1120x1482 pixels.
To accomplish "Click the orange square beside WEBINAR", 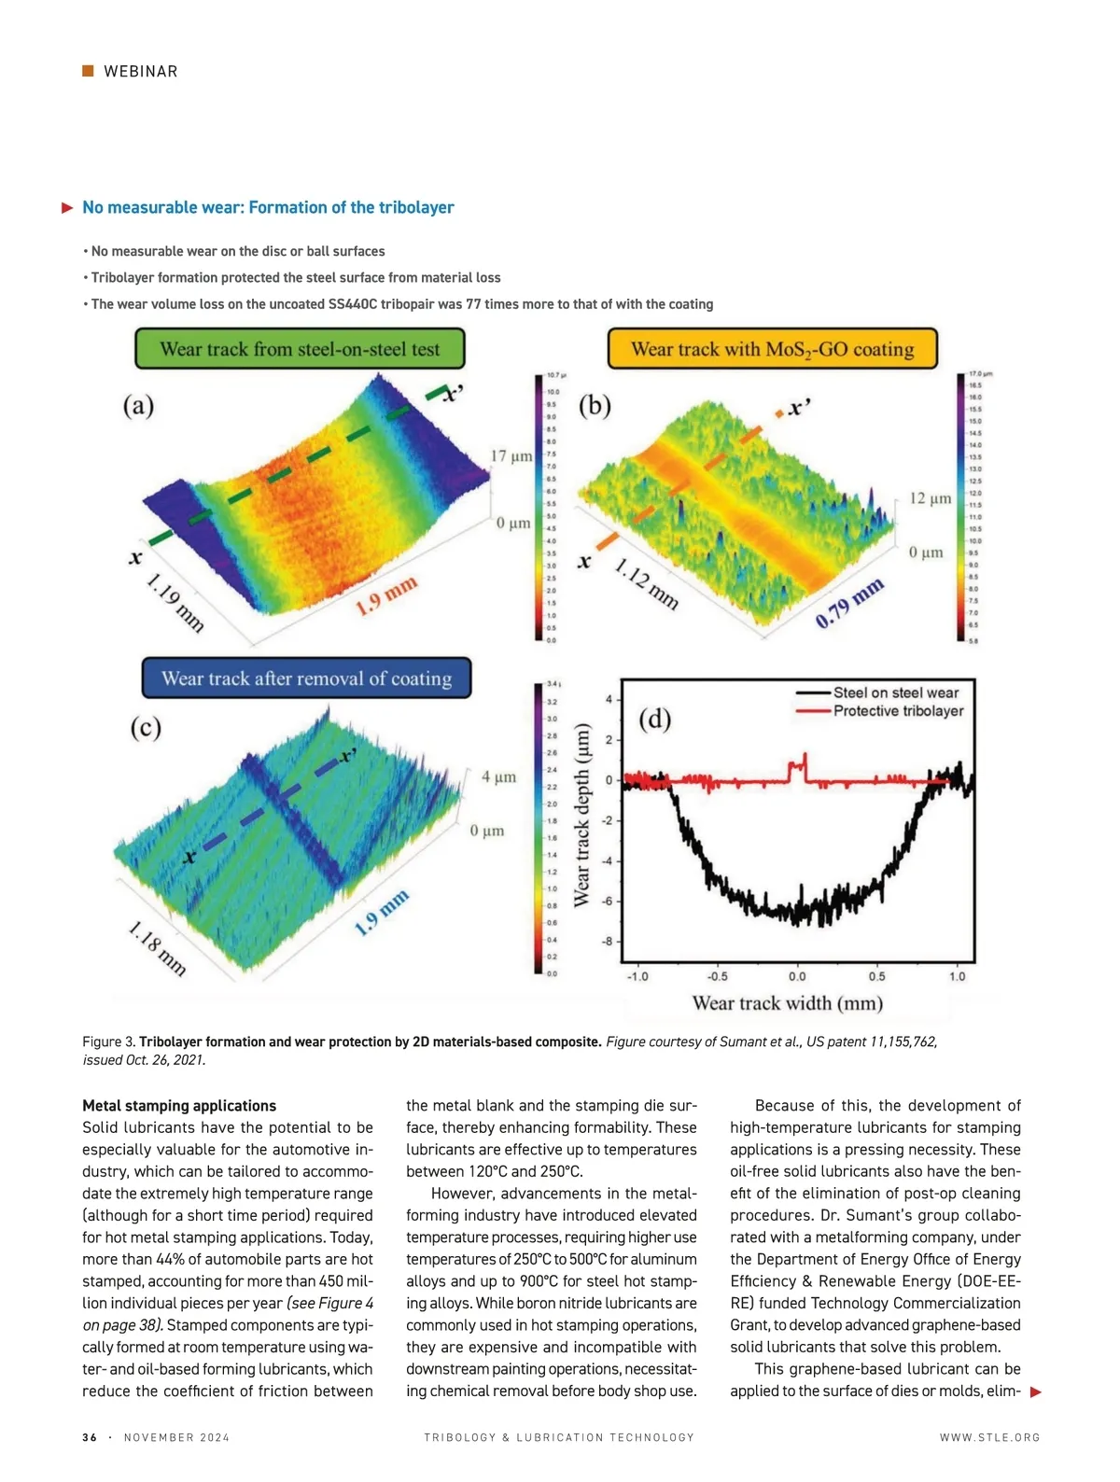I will click(x=88, y=71).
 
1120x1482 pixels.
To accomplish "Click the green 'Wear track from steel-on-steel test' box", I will click(x=300, y=349).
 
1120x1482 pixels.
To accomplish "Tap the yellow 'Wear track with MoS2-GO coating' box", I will click(x=772, y=349).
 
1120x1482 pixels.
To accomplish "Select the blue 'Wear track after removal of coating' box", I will click(x=306, y=678).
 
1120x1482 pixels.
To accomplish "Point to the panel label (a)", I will click(x=139, y=405).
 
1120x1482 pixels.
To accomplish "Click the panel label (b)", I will click(x=595, y=405).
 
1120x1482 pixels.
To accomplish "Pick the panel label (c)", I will click(x=146, y=727).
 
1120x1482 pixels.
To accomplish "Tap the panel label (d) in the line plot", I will click(x=655, y=719).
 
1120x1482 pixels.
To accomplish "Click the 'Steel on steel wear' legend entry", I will click(x=895, y=692).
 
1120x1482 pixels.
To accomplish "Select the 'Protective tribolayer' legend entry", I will click(x=898, y=711).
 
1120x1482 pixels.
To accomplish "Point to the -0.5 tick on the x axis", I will click(x=717, y=976).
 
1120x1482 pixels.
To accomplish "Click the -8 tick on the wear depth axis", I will click(x=608, y=942).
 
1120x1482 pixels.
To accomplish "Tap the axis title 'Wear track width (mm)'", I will click(x=787, y=1003).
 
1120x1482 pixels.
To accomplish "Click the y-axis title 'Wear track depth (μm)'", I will click(x=582, y=814).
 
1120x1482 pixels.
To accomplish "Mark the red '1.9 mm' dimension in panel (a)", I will click(x=385, y=596).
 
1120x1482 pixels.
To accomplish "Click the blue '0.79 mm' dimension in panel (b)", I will click(x=848, y=603).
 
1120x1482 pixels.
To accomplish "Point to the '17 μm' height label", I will click(x=511, y=456).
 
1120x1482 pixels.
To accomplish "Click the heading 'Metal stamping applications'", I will click(x=179, y=1106).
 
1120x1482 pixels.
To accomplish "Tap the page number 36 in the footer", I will click(x=90, y=1437).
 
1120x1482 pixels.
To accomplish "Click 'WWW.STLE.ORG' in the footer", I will click(x=989, y=1437).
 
